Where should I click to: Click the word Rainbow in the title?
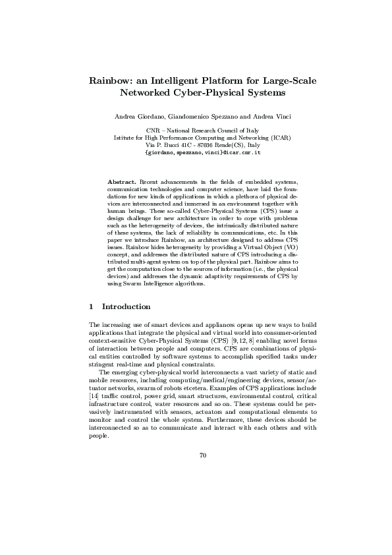[109, 81]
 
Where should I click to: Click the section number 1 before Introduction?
[91, 307]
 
